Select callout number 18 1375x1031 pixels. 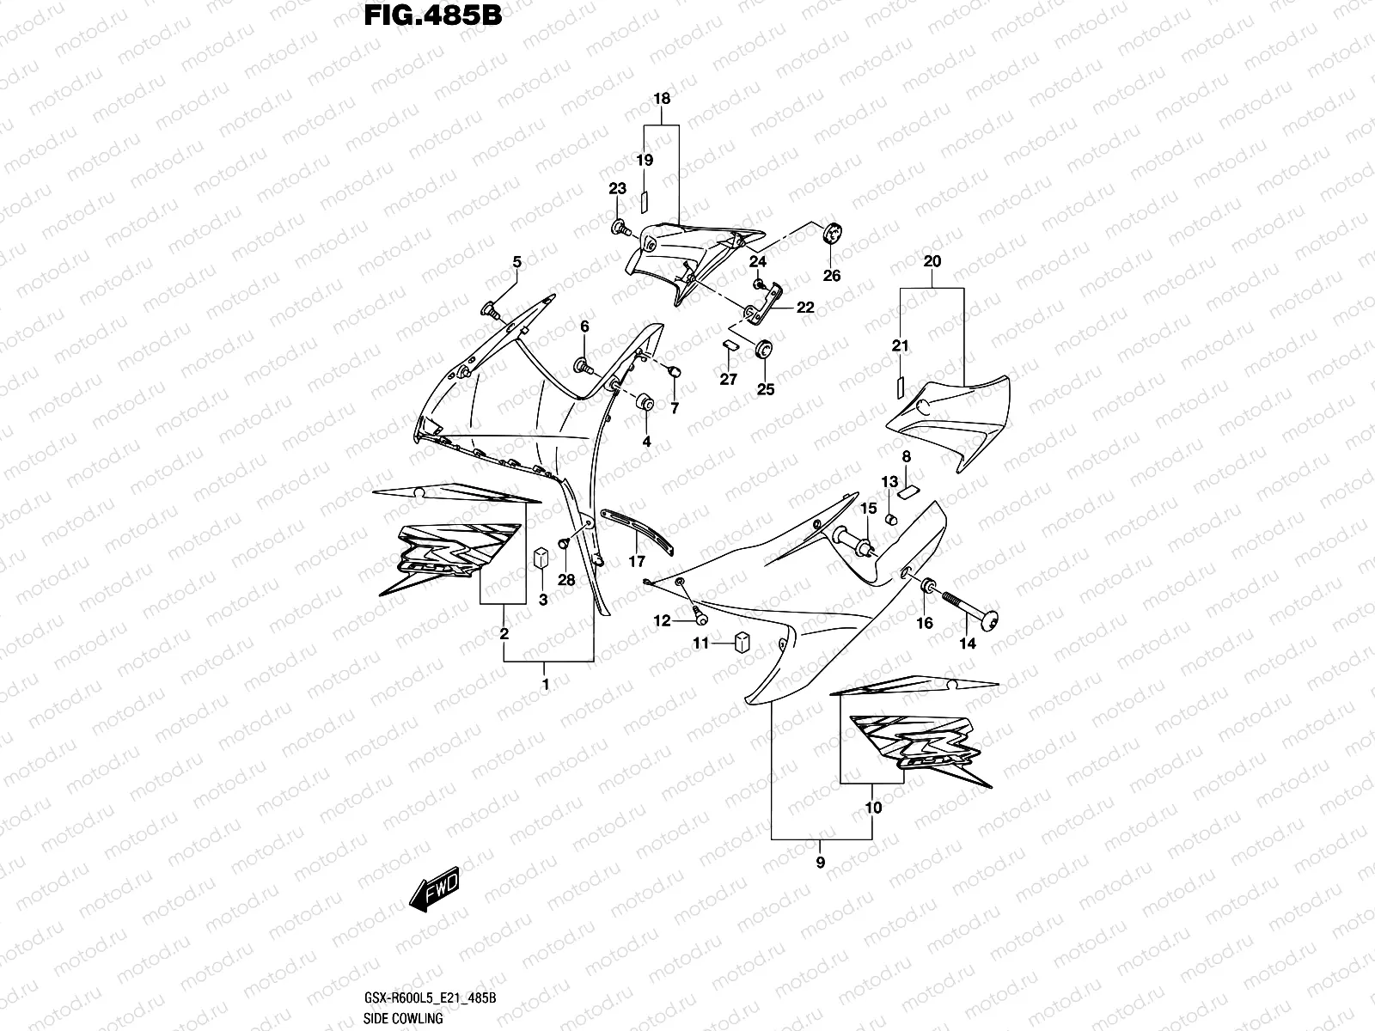662,99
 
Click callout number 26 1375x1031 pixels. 832,276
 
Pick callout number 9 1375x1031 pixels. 821,863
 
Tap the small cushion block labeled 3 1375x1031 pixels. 542,557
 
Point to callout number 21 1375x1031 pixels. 900,346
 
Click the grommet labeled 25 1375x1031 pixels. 762,350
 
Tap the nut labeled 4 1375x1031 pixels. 645,403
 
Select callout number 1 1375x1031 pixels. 545,685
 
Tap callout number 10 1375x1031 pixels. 873,808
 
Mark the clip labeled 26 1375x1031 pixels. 832,233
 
